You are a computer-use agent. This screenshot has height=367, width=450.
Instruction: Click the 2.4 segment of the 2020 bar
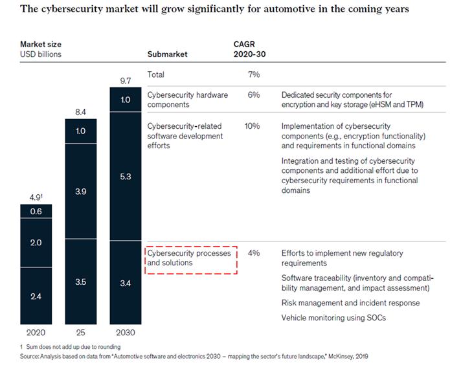[x=36, y=296]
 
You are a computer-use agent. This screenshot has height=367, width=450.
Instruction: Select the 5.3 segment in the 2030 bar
[x=125, y=177]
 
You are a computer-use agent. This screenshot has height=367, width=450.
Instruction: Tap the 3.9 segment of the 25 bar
[x=80, y=192]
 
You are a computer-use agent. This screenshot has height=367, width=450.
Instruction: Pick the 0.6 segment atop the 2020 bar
[x=36, y=211]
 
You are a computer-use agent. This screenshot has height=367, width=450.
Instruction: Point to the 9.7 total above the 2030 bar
[x=125, y=80]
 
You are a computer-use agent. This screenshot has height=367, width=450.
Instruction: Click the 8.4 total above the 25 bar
[x=80, y=113]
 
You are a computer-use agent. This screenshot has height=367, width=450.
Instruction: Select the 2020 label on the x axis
[x=36, y=332]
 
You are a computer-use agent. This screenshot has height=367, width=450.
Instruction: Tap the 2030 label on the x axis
[x=125, y=332]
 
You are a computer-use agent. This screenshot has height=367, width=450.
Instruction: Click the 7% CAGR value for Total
[x=253, y=75]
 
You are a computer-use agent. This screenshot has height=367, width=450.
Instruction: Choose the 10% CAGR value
[x=252, y=126]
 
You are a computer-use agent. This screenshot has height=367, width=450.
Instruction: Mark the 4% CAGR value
[x=253, y=253]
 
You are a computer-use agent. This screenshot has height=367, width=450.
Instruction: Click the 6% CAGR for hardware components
[x=253, y=95]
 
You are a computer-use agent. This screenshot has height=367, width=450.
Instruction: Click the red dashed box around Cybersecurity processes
[x=190, y=259]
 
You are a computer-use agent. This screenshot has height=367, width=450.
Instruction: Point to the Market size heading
[x=41, y=45]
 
